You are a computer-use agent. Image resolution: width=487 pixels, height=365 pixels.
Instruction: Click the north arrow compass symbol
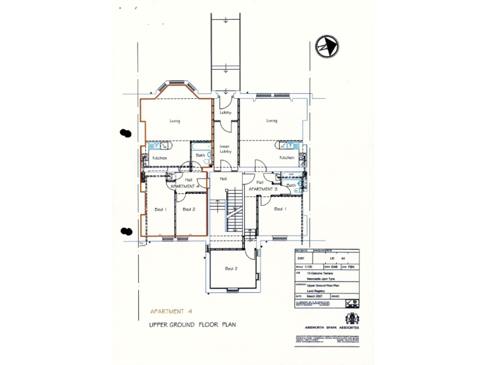pos(327,46)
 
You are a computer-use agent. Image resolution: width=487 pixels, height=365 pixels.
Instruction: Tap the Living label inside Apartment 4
pos(175,120)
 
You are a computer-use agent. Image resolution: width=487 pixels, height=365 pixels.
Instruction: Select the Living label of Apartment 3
pos(271,120)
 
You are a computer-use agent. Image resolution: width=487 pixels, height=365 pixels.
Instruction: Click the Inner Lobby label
pos(224,150)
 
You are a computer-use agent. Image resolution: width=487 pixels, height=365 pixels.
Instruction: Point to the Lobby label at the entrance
pos(226,113)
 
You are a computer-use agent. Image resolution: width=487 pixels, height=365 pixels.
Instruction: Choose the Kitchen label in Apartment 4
pos(160,158)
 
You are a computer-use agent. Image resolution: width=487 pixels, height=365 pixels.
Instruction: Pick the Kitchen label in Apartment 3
pos(287,158)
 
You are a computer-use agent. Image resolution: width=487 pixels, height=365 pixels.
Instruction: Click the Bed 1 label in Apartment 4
pos(160,209)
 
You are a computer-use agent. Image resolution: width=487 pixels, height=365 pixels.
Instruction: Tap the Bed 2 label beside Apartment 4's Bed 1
pos(188,209)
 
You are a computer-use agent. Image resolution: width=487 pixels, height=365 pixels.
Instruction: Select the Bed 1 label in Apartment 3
pos(280,208)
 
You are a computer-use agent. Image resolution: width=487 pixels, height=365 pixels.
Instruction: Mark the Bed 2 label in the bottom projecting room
pos(231,269)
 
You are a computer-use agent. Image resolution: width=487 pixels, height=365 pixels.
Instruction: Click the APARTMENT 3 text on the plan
pos(263,189)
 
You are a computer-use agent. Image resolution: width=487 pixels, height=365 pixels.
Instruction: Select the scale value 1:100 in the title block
pos(308,267)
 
